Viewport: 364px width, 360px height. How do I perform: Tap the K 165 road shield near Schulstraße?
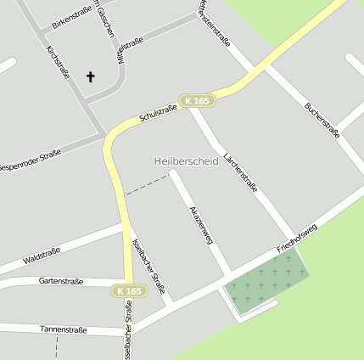pos(196,101)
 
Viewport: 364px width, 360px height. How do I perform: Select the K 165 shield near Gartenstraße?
pos(130,291)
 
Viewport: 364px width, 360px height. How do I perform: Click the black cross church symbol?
pos(91,77)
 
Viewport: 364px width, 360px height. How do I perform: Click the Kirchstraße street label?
pos(58,62)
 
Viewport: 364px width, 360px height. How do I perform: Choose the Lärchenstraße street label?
pos(241,173)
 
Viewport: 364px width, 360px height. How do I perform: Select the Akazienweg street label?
pos(200,224)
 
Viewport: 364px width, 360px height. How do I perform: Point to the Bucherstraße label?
pos(322,120)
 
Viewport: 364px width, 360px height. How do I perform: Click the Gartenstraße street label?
pos(60,281)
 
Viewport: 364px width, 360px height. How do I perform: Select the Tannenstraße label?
pos(63,329)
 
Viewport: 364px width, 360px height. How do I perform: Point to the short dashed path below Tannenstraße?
pos(57,346)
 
